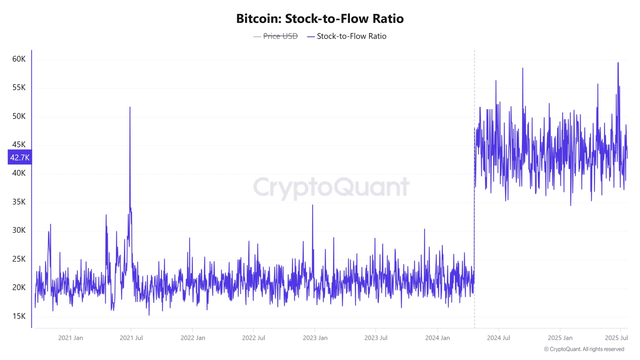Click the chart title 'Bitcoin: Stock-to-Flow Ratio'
pos(320,19)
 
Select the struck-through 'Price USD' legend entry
pos(280,36)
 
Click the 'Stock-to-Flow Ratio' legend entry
pos(351,36)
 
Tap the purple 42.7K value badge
pos(20,157)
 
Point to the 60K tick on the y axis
pos(19,59)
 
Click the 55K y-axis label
pos(19,87)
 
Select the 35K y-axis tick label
pos(19,202)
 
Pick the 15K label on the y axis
pos(19,316)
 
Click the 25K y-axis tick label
pos(19,259)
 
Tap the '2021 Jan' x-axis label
pos(71,338)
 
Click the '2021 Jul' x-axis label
pos(131,338)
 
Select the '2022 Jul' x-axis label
pos(253,338)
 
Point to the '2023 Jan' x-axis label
pos(315,338)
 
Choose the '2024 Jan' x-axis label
pos(437,338)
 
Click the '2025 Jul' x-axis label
pos(616,338)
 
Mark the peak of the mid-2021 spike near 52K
pos(130,107)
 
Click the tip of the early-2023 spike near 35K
pos(312,205)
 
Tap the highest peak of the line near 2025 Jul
pos(618,63)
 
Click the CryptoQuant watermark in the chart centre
pos(331,187)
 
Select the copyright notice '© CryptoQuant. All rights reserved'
pos(584,349)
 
